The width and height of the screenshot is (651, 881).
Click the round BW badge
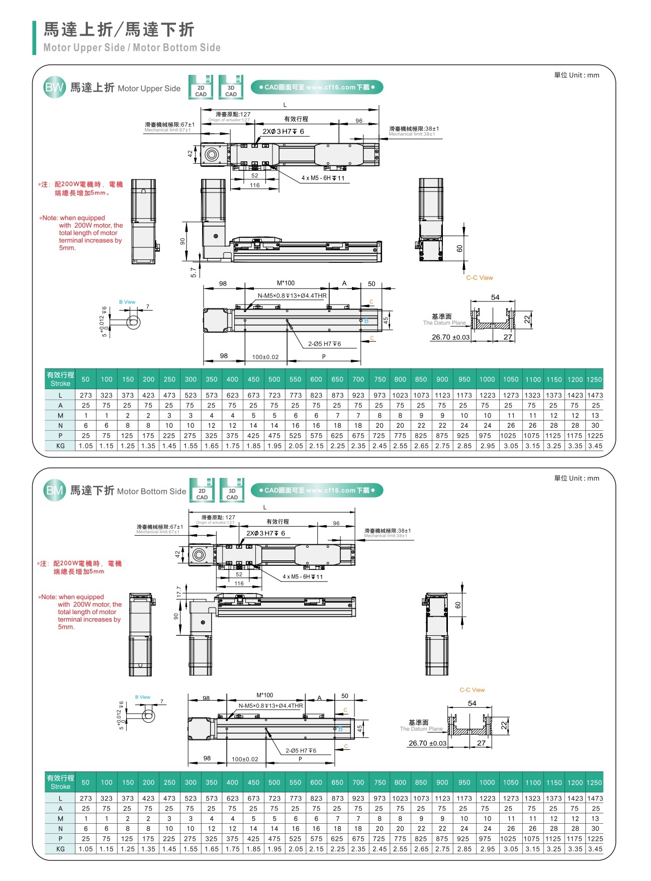[x=54, y=87]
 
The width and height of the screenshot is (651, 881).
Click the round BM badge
[x=54, y=491]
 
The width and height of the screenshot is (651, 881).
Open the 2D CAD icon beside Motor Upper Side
[x=201, y=87]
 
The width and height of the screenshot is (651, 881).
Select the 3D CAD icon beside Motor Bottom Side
[x=232, y=491]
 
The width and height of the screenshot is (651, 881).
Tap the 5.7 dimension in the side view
[x=194, y=272]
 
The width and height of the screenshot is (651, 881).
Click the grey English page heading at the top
[x=132, y=48]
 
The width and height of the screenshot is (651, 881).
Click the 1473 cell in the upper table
[x=595, y=396]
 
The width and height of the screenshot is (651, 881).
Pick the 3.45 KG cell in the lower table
[x=595, y=849]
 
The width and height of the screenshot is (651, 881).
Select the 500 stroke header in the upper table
[x=274, y=379]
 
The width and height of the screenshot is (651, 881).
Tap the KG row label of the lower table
[x=60, y=849]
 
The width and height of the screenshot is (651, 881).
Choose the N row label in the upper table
[x=60, y=426]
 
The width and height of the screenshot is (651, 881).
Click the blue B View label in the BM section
[x=143, y=697]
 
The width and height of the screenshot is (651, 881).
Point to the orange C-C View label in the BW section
[x=480, y=278]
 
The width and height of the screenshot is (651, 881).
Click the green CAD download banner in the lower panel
[x=317, y=491]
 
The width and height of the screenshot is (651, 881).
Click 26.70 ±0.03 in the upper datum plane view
[x=450, y=337]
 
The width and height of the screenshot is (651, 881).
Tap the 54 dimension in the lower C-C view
[x=472, y=704]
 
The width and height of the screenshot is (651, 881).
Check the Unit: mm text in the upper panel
[x=577, y=75]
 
